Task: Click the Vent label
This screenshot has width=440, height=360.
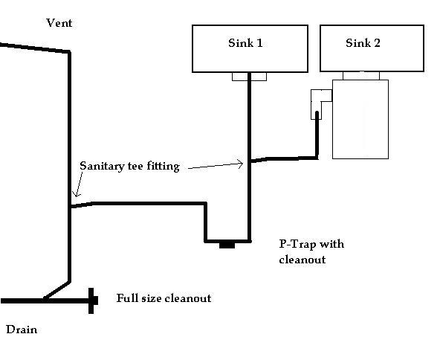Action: click(59, 23)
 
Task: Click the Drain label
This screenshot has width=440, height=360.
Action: click(22, 330)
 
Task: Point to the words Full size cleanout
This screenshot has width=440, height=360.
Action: click(164, 298)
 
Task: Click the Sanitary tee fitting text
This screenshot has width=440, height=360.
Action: click(129, 167)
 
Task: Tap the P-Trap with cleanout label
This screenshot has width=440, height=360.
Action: click(311, 251)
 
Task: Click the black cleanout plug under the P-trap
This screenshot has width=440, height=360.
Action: click(227, 245)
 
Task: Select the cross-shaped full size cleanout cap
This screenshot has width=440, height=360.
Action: click(91, 300)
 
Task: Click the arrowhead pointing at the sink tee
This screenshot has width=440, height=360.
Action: click(241, 164)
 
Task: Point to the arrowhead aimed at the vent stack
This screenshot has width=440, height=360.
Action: click(76, 193)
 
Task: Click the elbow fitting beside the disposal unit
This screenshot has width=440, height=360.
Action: click(317, 104)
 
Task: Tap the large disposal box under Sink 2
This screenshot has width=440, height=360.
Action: click(360, 119)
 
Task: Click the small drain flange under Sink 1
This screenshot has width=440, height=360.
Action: click(249, 77)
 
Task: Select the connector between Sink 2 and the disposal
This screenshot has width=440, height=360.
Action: click(361, 76)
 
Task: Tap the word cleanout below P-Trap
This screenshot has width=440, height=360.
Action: click(302, 260)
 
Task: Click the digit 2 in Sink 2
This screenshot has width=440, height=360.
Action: click(377, 43)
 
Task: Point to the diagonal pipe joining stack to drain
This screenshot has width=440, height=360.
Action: click(57, 291)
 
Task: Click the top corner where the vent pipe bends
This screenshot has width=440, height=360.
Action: click(69, 51)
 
